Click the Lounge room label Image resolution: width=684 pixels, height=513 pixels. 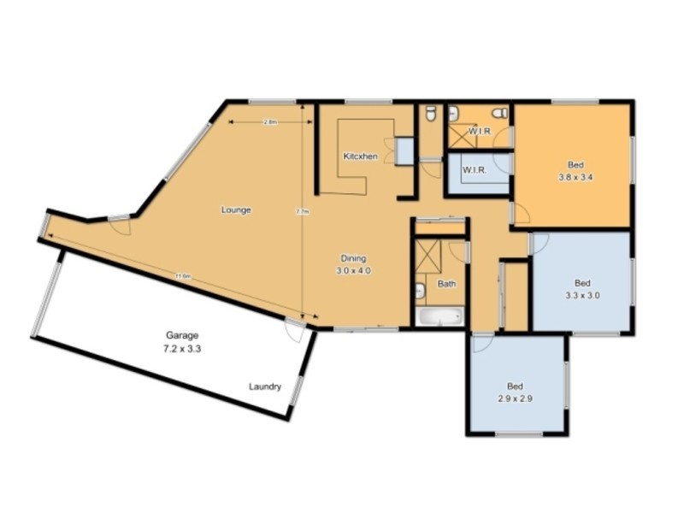click(236, 209)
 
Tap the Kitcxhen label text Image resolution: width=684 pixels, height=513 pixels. click(360, 156)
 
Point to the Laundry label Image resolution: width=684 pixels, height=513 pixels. click(265, 386)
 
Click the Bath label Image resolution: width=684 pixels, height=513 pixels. click(446, 283)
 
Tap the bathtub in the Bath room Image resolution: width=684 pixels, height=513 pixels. click(439, 316)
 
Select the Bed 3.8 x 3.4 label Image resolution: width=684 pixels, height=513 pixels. click(575, 171)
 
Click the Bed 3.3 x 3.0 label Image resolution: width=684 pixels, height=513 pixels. click(582, 289)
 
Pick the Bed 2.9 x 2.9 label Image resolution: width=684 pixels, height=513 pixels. click(515, 391)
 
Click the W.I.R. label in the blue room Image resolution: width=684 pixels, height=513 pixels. click(475, 170)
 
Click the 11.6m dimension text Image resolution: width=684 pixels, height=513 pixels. click(182, 276)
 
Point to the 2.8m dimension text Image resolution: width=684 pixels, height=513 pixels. click(269, 122)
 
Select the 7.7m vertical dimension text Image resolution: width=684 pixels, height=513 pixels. click(301, 211)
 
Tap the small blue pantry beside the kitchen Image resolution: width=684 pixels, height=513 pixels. click(404, 150)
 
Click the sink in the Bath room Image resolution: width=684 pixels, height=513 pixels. click(420, 292)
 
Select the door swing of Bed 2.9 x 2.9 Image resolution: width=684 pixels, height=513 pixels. click(480, 342)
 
